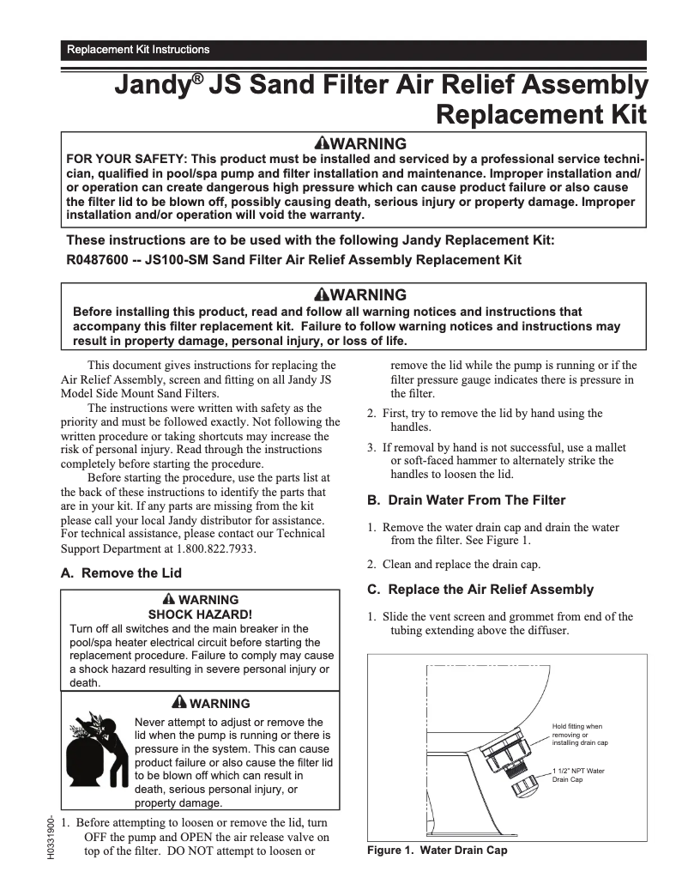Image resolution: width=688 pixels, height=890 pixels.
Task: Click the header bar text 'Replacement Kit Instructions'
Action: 138,50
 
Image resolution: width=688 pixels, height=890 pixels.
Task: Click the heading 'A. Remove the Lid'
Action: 121,573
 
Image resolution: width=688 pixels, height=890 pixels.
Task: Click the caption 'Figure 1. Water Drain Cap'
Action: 437,850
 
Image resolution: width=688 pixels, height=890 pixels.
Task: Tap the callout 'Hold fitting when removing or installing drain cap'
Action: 579,735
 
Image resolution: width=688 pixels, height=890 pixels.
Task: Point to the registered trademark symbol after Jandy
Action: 198,78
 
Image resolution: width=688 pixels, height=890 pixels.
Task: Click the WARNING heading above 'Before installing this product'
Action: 360,295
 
